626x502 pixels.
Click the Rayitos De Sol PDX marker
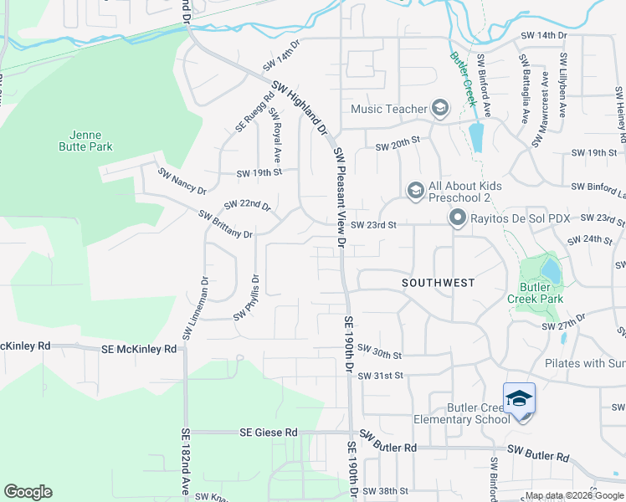(458, 218)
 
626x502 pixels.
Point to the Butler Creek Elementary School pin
(519, 399)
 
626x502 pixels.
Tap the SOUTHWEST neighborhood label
(438, 283)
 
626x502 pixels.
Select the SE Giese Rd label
(268, 433)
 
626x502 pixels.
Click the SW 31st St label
(381, 376)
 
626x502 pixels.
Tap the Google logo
(28, 492)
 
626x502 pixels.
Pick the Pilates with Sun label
(584, 363)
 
